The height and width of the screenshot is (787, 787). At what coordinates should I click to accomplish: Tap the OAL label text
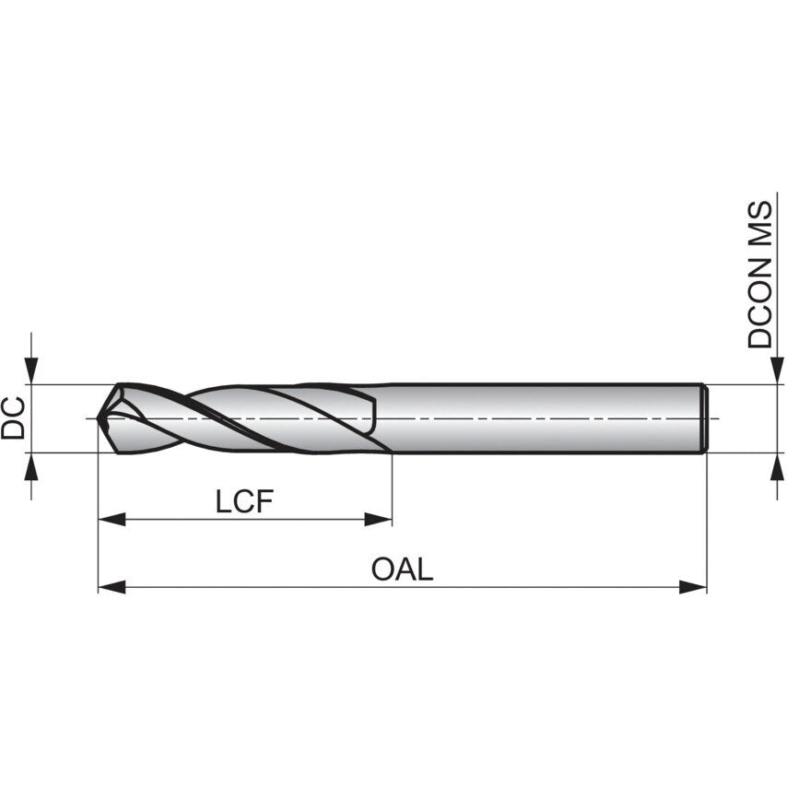pos(402,569)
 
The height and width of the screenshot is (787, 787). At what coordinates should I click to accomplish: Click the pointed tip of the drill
pos(100,419)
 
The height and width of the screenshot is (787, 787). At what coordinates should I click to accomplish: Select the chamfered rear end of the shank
pos(705,418)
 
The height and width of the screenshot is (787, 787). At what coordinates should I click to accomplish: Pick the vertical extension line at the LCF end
pos(392,488)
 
